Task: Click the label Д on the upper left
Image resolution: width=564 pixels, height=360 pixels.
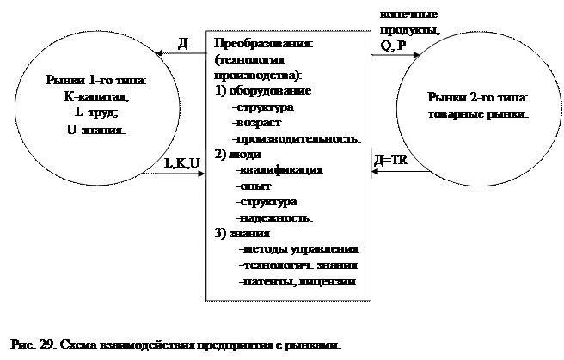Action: tap(182, 43)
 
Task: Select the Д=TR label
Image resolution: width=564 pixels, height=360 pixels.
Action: tap(392, 161)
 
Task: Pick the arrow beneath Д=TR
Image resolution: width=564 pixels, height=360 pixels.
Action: tap(398, 174)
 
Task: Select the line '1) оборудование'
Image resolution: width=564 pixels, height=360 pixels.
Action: tap(261, 91)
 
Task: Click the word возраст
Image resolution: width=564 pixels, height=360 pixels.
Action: tap(255, 123)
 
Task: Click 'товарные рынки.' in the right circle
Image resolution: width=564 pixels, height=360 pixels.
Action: tap(478, 113)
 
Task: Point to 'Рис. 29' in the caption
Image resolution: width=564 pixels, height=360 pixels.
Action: tap(33, 344)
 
